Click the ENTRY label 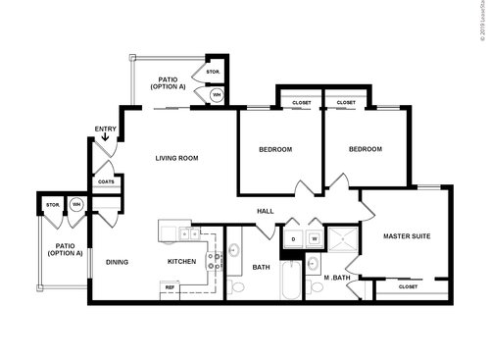(x=105, y=129)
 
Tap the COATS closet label (x=106, y=181)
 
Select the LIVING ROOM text (x=177, y=157)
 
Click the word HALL (x=265, y=210)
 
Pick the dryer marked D (x=291, y=237)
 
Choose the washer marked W (x=315, y=237)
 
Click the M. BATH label (x=338, y=278)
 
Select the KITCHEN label (x=181, y=262)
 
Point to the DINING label (x=117, y=262)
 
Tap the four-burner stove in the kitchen (x=188, y=234)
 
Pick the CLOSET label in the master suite (x=408, y=286)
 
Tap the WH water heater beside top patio (x=217, y=95)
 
